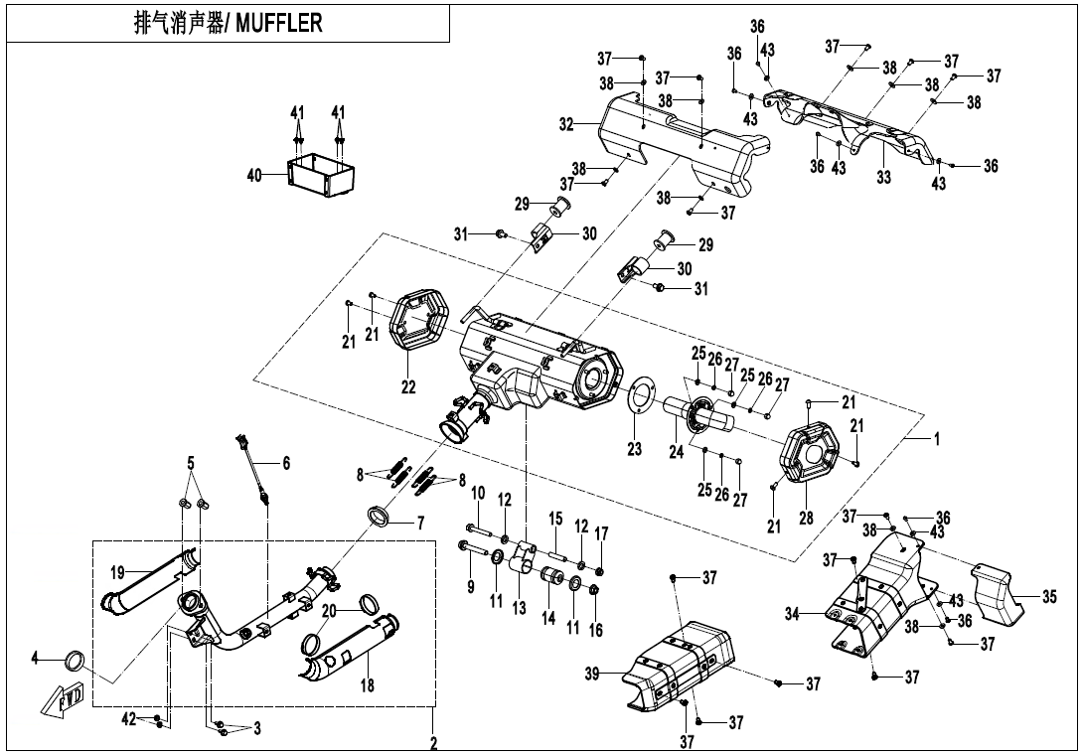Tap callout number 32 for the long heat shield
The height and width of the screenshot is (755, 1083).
click(565, 125)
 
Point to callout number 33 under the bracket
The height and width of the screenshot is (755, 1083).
click(883, 177)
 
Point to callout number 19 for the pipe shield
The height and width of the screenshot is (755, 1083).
click(117, 573)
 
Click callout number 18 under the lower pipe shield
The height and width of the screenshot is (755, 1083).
click(367, 686)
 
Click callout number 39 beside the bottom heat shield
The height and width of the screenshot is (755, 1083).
click(592, 676)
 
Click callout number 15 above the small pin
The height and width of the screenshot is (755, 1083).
click(555, 519)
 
